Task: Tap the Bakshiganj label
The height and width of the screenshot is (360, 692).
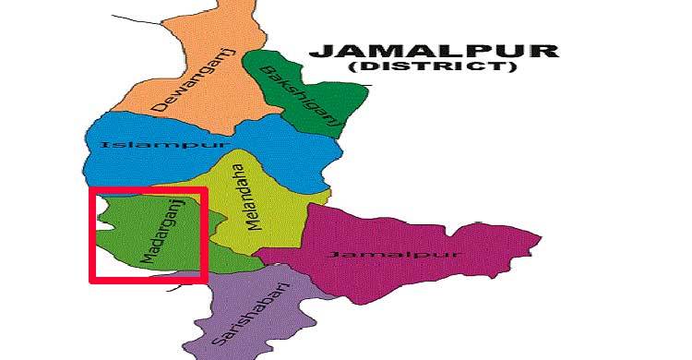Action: [x=301, y=98]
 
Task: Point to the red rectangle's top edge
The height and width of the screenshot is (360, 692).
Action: [x=148, y=189]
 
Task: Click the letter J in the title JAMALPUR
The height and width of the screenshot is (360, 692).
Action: [x=318, y=51]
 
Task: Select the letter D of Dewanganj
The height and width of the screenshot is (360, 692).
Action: [x=158, y=108]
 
